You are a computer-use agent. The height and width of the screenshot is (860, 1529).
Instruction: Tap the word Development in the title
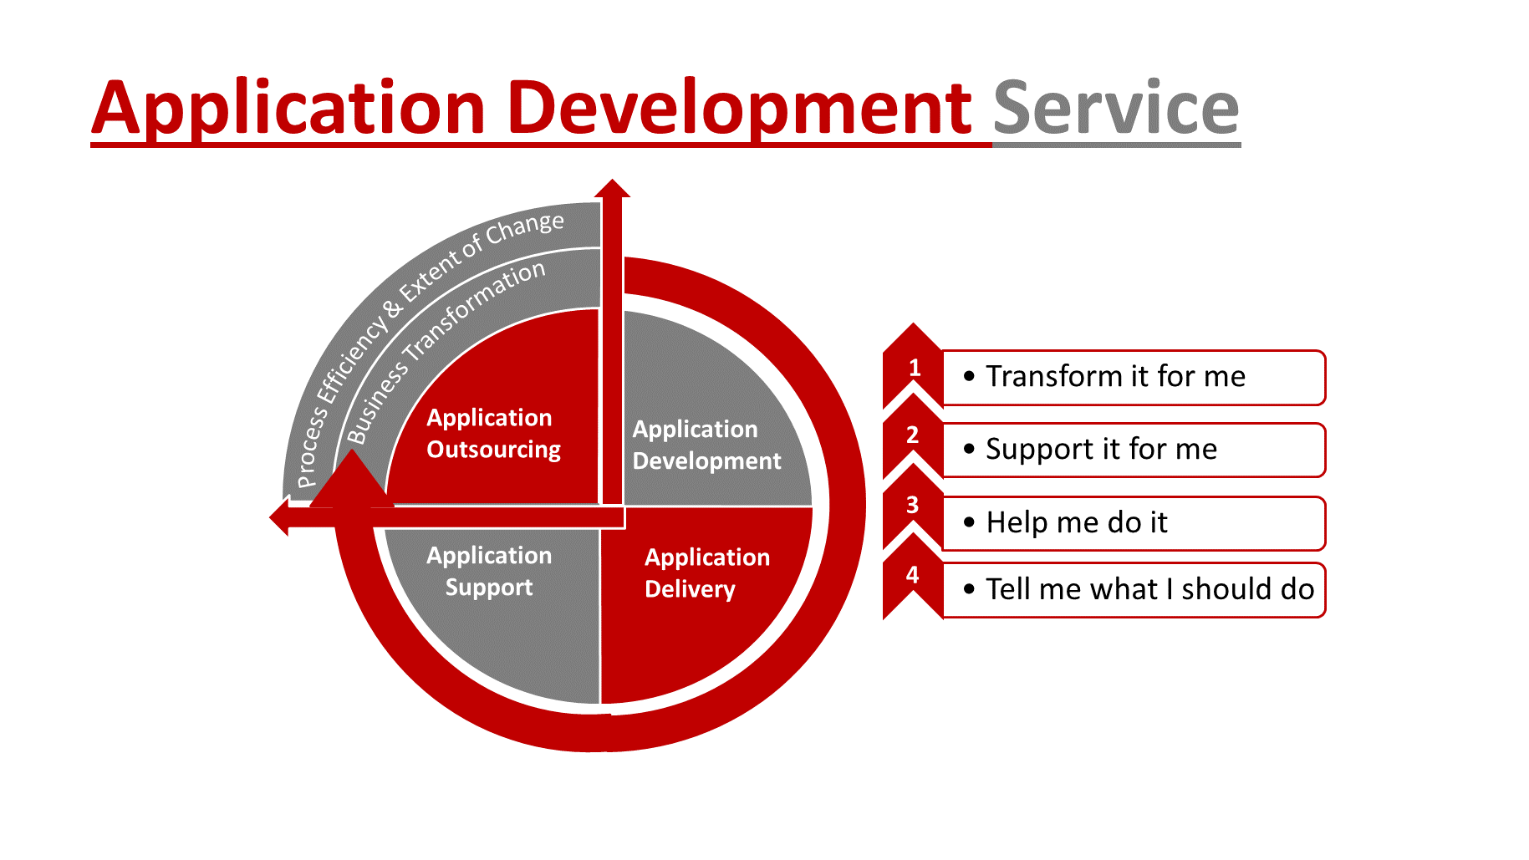point(739,108)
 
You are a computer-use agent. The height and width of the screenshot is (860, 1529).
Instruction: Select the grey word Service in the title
point(1115,108)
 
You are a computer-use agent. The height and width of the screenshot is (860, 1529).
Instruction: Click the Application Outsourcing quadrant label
point(493,433)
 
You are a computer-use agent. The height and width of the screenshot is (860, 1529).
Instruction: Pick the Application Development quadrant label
point(706,445)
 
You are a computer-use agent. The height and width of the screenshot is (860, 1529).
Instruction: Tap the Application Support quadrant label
point(489,571)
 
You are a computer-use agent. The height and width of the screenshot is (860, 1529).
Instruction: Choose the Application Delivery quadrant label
point(706,572)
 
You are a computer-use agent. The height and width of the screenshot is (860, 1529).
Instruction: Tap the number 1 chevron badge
point(913,369)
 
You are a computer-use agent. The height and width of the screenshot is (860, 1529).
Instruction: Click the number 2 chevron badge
point(913,435)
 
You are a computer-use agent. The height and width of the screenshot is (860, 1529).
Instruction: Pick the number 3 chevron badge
point(913,506)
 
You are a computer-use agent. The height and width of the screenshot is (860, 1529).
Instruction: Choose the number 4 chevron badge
point(913,575)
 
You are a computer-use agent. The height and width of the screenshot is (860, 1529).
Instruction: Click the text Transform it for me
point(1115,377)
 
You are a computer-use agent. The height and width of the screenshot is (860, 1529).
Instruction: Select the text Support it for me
point(1101,450)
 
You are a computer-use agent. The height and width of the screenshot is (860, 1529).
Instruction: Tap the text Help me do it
point(1077,523)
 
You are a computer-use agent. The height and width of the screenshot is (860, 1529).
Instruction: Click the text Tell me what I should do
point(1149,589)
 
